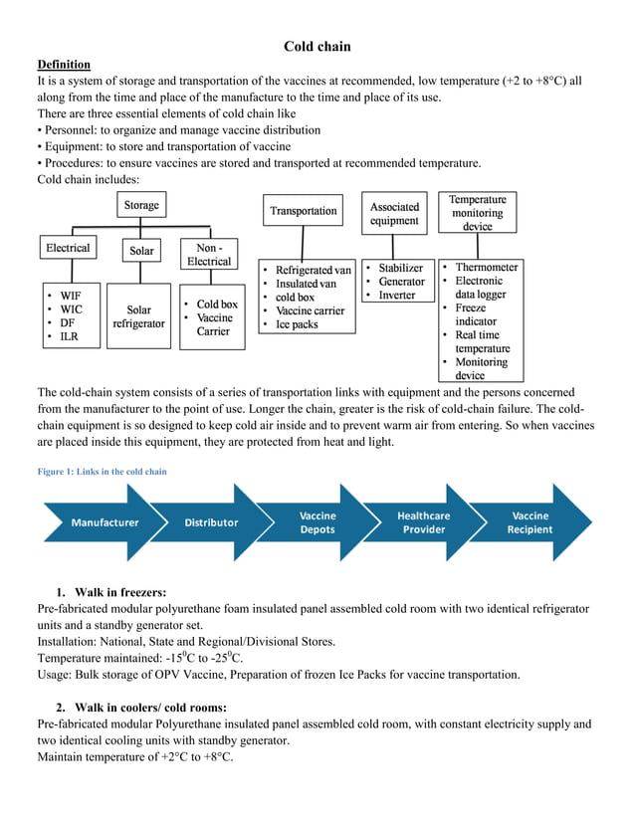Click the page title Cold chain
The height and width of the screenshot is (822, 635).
point(317,46)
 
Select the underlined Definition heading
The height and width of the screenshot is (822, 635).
point(64,64)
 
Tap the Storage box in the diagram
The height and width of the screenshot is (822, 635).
point(140,206)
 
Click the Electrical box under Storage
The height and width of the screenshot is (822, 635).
point(68,249)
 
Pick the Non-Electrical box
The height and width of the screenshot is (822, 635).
point(208,254)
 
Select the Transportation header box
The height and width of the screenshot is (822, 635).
point(304,211)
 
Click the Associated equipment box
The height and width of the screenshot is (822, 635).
point(394,213)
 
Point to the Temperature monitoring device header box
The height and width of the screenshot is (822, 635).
point(477,213)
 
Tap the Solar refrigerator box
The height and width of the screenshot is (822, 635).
point(138,316)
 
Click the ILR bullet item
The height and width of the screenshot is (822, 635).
point(69,337)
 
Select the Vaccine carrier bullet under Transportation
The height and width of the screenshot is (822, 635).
point(310,310)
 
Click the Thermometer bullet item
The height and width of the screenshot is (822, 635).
point(486,268)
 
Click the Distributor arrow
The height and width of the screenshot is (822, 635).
point(211,522)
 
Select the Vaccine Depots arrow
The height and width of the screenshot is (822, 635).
point(317,522)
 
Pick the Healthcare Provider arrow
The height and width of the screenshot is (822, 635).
point(423,522)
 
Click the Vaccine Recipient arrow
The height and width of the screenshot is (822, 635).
point(529,522)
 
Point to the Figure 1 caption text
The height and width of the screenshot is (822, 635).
point(102,472)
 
